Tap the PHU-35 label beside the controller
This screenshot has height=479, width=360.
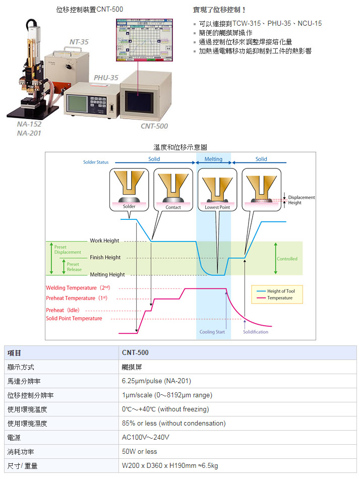[x=106, y=78]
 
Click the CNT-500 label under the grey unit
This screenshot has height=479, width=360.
[x=154, y=126]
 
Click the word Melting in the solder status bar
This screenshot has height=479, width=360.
[x=213, y=159]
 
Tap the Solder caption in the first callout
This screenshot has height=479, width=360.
[x=129, y=207]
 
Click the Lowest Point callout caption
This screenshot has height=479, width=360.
[x=217, y=207]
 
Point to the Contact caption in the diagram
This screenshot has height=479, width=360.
[x=173, y=207]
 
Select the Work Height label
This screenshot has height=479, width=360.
[x=104, y=241]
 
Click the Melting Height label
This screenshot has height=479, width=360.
[x=107, y=275]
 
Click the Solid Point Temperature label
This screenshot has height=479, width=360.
[x=74, y=319]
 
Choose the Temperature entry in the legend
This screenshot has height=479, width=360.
[x=280, y=298]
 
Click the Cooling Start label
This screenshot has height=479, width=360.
[x=212, y=332]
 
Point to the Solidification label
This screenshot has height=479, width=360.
[x=256, y=332]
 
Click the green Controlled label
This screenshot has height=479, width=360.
[x=287, y=259]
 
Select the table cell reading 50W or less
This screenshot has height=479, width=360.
[x=140, y=451]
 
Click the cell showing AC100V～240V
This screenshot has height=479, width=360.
[x=146, y=437]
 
